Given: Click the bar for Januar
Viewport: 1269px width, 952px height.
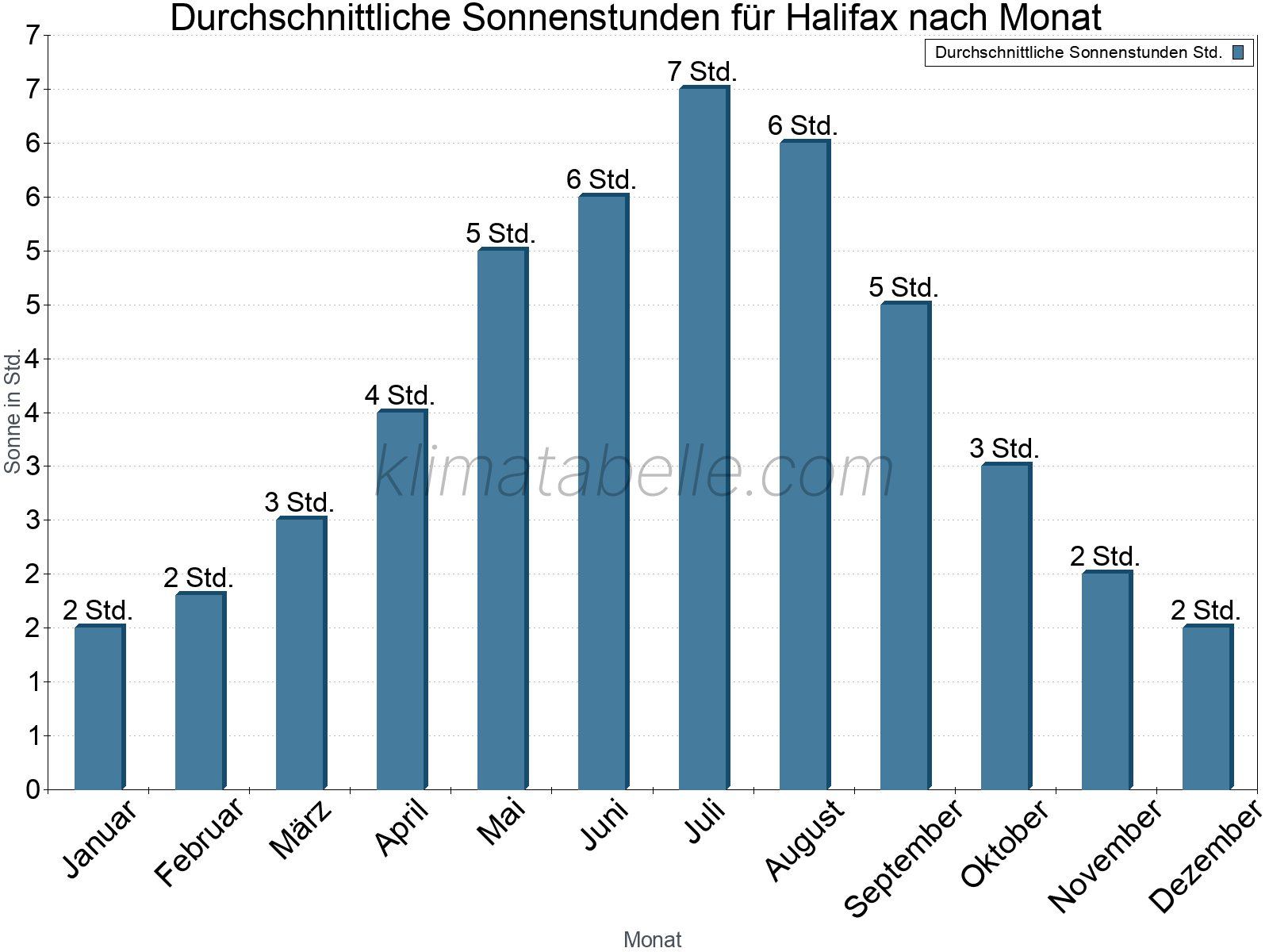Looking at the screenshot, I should tap(98, 708).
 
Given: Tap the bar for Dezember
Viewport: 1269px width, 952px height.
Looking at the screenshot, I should tap(1206, 708).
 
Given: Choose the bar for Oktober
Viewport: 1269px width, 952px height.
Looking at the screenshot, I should tap(1005, 627).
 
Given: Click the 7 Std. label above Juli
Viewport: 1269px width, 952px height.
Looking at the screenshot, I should tap(703, 71).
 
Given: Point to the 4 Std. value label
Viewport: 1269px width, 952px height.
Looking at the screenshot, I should tap(400, 395).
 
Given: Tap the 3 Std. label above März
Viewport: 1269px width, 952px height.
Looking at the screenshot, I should tap(299, 502).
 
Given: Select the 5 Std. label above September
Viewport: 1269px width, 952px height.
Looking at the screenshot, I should tap(903, 287).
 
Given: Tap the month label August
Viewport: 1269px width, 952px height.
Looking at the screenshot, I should tap(805, 839).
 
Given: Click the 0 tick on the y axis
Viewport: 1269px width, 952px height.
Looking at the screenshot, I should tap(33, 789).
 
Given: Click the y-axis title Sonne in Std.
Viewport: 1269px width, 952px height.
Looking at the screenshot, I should tap(13, 413).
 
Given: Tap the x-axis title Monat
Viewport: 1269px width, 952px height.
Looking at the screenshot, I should tap(652, 939).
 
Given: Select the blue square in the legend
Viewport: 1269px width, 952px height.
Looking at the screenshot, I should tap(1238, 53).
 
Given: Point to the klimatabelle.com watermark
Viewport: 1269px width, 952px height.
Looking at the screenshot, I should tap(634, 473).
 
